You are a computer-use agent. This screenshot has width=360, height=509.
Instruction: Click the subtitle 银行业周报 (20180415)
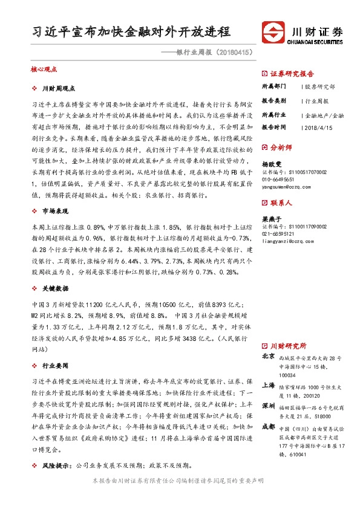tap(213, 52)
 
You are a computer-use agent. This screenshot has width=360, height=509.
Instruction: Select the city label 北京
tap(269, 357)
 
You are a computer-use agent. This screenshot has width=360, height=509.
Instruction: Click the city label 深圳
tap(269, 407)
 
